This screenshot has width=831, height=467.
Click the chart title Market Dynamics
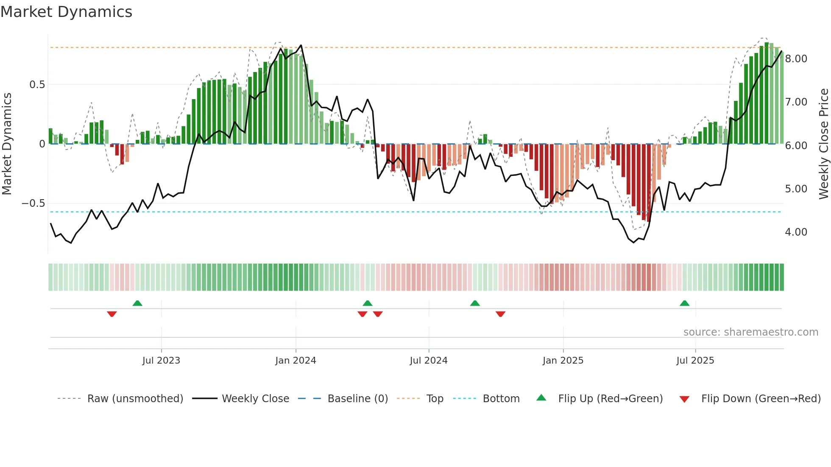pos(66,12)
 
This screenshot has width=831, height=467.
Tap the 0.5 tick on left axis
pos(37,85)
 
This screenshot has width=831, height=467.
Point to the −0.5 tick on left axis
pos(33,203)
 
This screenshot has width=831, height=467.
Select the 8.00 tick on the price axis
pos(796,59)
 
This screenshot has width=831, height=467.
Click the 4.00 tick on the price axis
pos(796,232)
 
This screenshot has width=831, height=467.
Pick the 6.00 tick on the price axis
pos(796,146)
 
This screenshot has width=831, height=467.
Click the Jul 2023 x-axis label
pos(161,361)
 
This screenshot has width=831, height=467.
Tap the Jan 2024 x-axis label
pos(296,361)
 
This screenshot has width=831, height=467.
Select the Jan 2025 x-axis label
pos(563,361)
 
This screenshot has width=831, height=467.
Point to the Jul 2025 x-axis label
pos(695,361)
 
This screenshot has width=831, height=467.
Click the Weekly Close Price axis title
pos(823,144)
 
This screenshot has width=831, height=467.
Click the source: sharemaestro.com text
pos(750,332)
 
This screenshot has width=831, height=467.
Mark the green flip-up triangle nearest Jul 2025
pos(684,303)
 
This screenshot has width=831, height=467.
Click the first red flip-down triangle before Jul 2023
pos(112,314)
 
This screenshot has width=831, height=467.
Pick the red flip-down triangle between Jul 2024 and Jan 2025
pos(500,314)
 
